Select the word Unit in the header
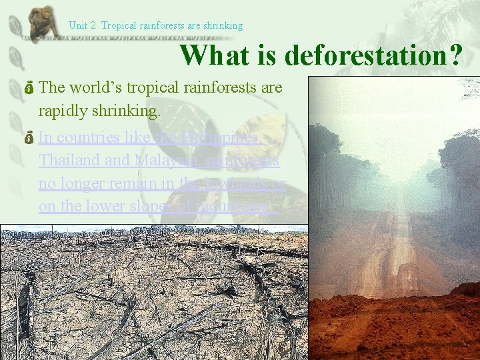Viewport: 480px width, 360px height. [x=77, y=26]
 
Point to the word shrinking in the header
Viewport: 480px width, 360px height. [x=223, y=26]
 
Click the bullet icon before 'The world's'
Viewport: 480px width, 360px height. [x=31, y=88]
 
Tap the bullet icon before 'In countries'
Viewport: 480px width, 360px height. [x=31, y=138]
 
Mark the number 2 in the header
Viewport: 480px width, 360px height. [x=95, y=26]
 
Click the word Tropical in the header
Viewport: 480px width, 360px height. [x=118, y=26]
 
